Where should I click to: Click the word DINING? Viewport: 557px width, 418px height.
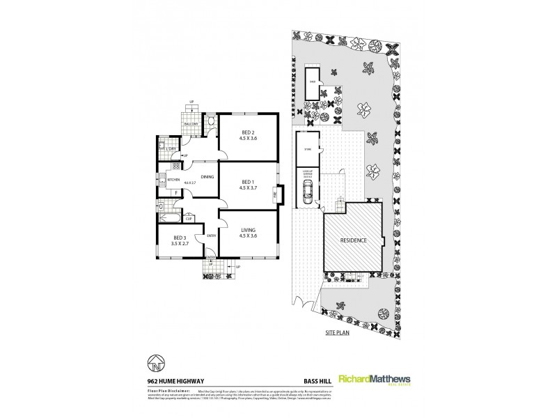click(207, 177)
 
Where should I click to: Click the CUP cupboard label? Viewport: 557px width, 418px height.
click(189, 217)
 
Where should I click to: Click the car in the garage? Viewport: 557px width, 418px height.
click(307, 189)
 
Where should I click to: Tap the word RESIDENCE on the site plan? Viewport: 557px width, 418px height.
click(354, 240)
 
